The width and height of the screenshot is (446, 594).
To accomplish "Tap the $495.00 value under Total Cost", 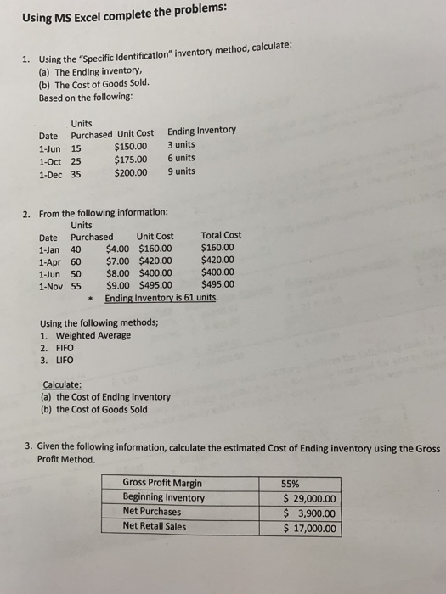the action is tap(218, 285).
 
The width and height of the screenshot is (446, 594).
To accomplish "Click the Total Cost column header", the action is tap(221, 235).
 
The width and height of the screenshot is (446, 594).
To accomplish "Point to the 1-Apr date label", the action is tap(49, 261).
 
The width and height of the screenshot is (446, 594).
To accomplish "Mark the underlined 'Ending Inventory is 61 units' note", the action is tap(161, 299).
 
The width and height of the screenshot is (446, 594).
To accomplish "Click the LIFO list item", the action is tap(64, 361).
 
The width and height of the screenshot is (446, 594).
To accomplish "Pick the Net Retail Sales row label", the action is tap(154, 525).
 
